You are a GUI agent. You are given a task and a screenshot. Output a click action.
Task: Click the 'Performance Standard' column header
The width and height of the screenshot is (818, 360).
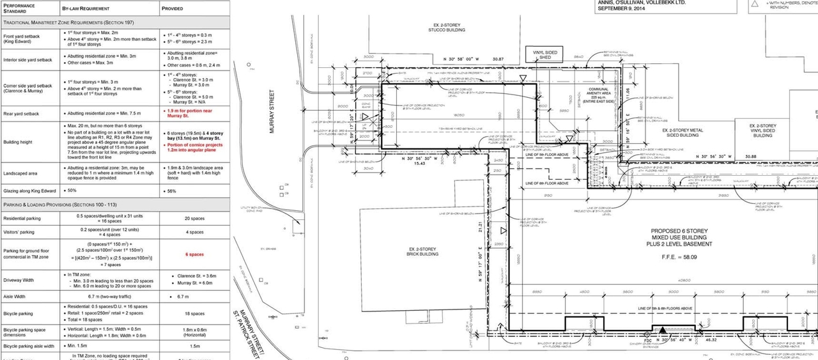pos(21,8)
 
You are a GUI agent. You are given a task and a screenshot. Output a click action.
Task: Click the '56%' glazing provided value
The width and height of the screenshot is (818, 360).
pos(172,191)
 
